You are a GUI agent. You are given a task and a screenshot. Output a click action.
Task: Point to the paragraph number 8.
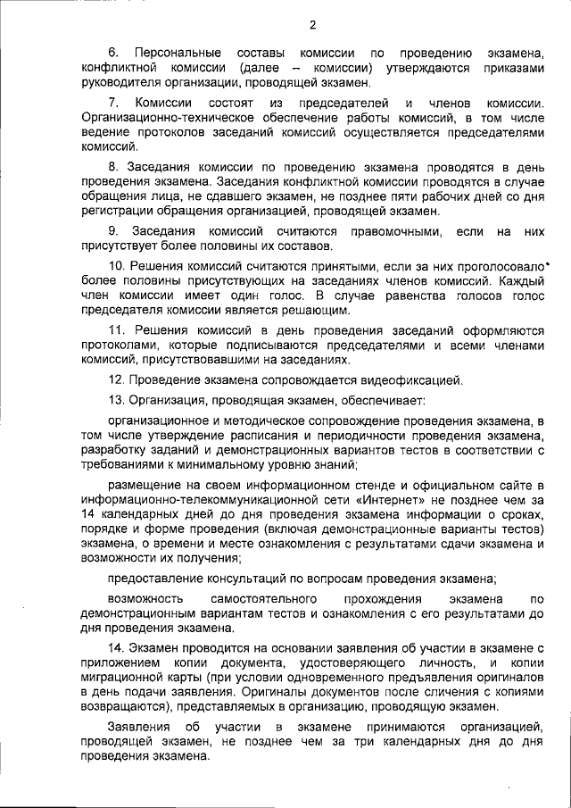coord(113,167)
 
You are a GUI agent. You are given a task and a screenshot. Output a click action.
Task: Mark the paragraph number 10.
coord(117,267)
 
